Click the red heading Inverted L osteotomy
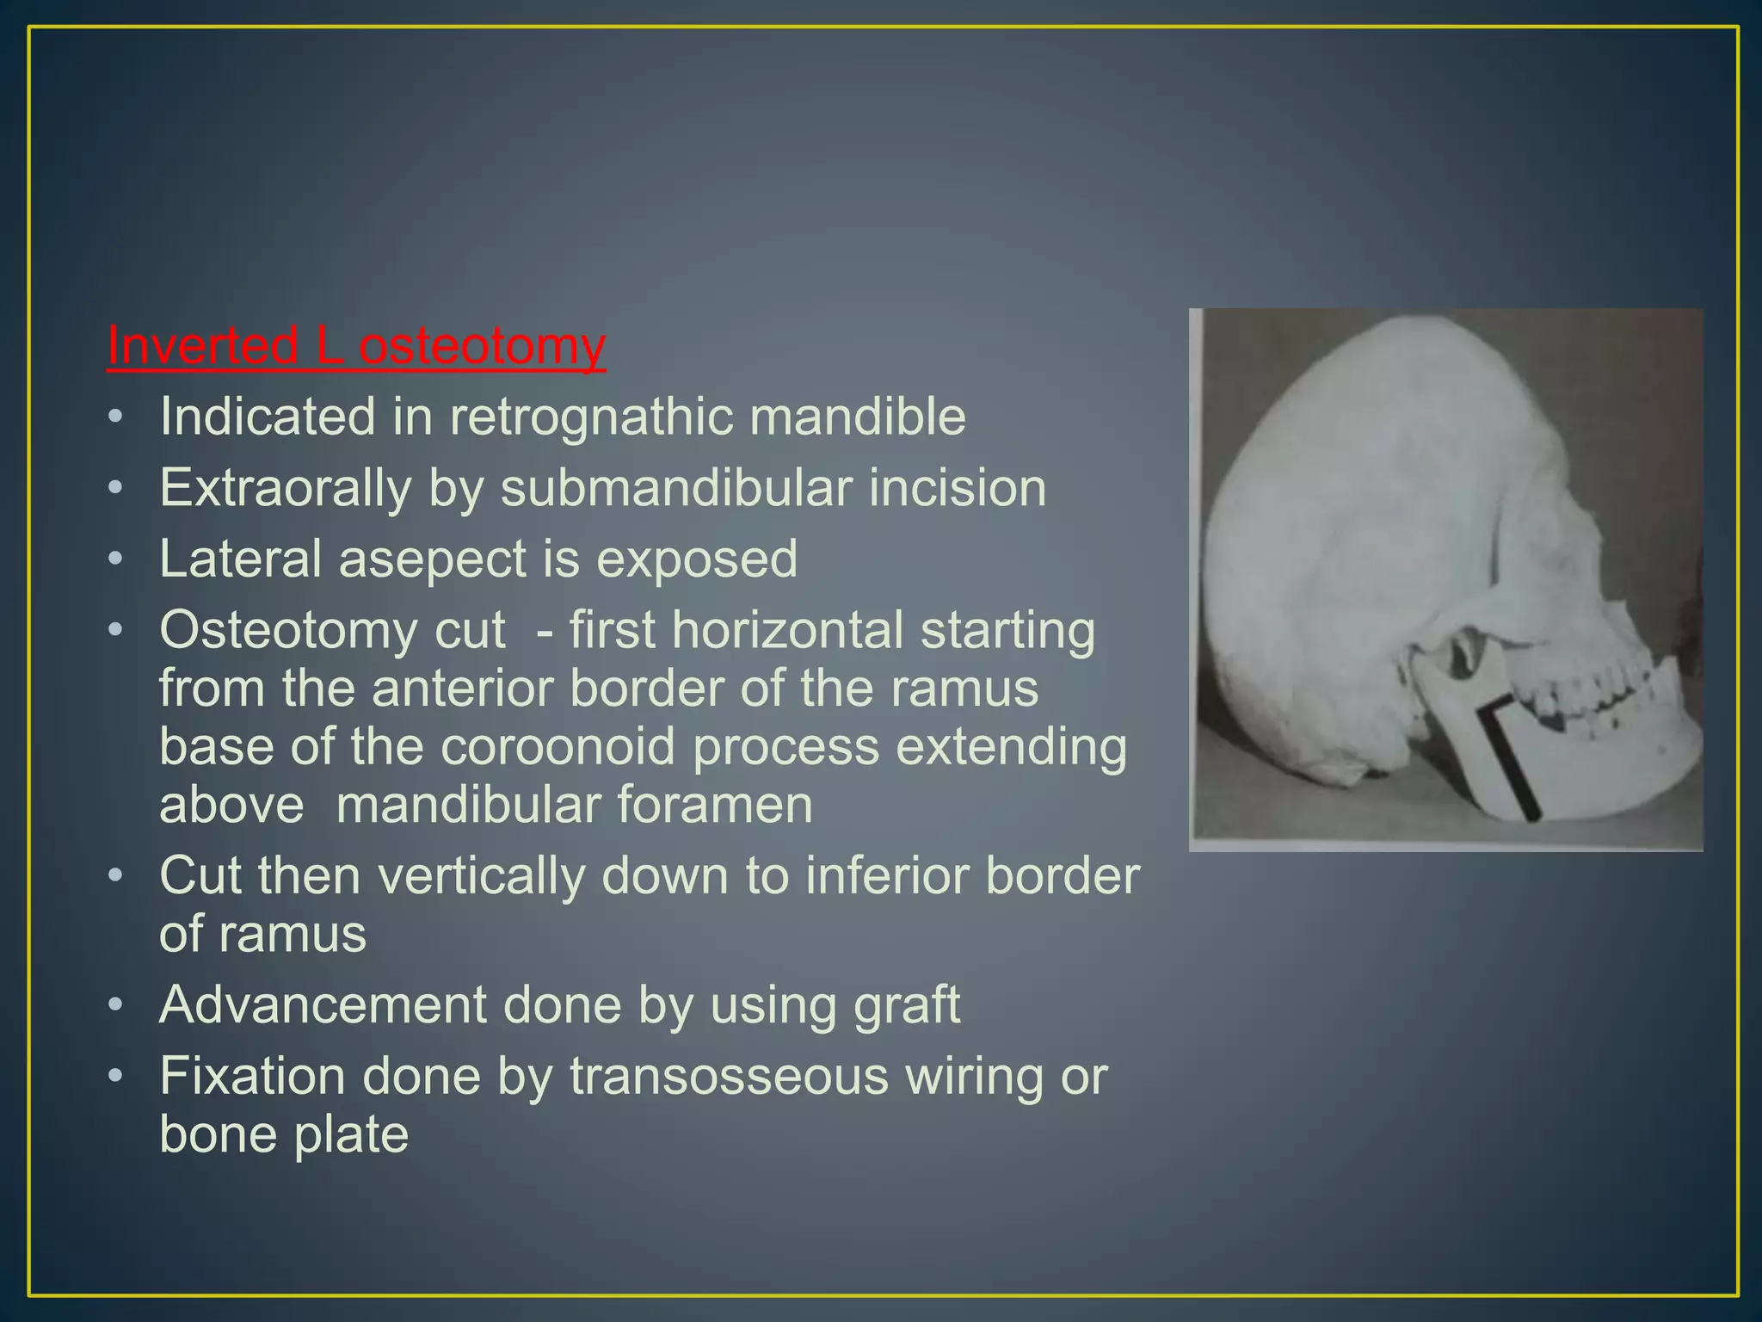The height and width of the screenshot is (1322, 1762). coord(356,346)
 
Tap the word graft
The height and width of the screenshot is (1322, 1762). coord(914,1005)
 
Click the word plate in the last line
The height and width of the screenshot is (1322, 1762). coord(351,1134)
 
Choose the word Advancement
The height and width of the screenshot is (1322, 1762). coord(323,1005)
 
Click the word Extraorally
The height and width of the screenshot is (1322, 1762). coord(286,488)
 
